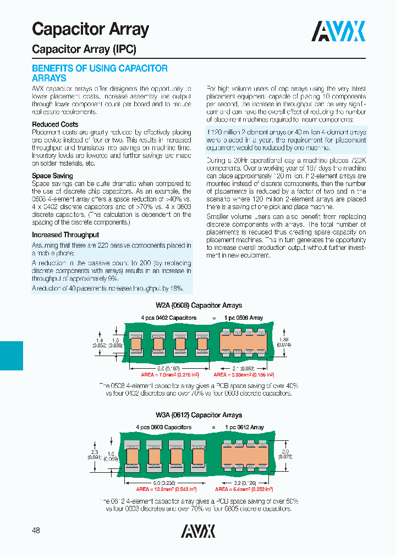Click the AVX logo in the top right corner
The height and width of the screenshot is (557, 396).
339,31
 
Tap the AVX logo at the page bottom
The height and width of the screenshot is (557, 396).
198,531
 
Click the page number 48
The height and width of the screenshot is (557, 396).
36,530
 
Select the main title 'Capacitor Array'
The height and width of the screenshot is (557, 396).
90,29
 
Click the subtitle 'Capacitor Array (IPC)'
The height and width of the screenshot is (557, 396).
84,49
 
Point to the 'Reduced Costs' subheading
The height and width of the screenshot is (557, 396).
55,124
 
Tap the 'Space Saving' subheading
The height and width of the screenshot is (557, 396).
52,176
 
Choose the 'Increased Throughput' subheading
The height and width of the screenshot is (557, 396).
65,234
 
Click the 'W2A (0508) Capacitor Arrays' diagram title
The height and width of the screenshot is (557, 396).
198,305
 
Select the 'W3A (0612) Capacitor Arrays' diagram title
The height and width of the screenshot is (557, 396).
198,415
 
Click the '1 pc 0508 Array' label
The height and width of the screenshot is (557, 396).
244,318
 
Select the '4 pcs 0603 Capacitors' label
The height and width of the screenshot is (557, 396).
164,427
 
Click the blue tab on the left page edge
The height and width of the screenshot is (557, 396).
12,355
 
